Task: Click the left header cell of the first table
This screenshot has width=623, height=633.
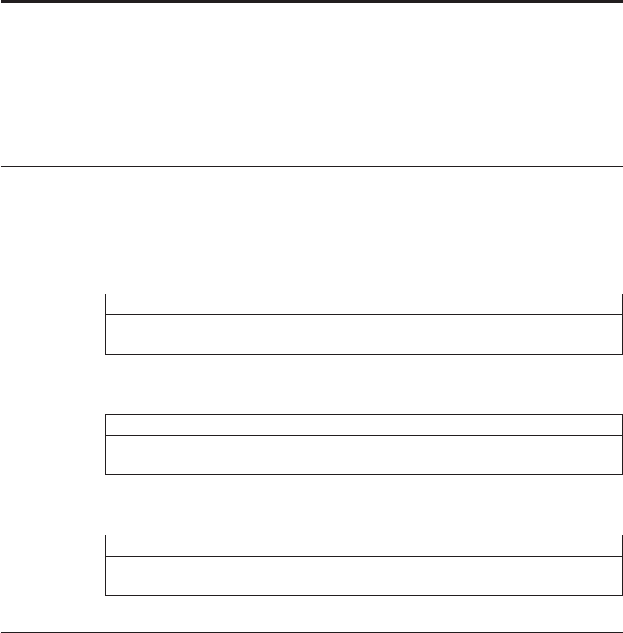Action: point(234,304)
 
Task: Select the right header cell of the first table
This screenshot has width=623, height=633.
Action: point(493,304)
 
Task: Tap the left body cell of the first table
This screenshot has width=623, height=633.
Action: point(234,334)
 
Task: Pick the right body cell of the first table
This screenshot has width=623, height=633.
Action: point(493,334)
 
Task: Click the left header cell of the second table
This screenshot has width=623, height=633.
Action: point(234,425)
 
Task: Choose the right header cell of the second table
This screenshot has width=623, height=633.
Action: point(493,425)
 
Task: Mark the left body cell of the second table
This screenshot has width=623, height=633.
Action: point(234,455)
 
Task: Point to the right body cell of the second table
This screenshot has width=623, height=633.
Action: point(493,455)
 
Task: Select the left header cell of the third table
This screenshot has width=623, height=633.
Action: point(234,546)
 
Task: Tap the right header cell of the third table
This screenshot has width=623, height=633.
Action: point(493,546)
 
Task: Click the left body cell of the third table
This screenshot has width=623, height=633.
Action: point(234,575)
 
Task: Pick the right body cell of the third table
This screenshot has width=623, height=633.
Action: point(493,575)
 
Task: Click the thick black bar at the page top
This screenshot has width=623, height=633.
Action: point(311,2)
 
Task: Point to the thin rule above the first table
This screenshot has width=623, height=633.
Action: point(311,167)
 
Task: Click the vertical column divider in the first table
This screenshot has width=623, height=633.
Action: point(364,324)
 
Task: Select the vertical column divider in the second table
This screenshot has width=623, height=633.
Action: point(364,445)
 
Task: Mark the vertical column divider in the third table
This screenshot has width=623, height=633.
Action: point(364,566)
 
